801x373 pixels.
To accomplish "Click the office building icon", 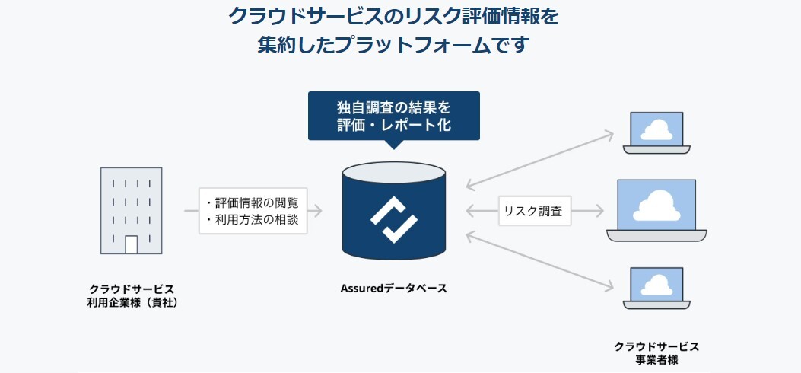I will (131, 210).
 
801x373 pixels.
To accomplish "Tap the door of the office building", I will (131, 244).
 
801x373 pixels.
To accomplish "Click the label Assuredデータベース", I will (393, 289).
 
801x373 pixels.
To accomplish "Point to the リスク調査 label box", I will (535, 211).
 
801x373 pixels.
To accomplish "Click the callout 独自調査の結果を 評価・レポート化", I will (393, 115).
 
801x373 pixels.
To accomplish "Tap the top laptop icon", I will (656, 133).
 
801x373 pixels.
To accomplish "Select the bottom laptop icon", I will (656, 288).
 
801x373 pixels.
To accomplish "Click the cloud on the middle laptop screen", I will (656, 204).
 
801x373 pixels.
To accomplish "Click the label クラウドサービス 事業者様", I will (656, 352).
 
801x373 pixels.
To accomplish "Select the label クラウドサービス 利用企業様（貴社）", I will (132, 296).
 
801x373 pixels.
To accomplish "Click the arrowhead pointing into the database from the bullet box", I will (318, 211).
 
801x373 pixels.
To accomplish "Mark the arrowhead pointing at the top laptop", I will (609, 134).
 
